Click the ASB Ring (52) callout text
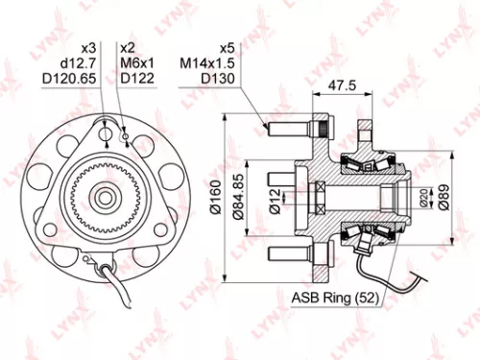pos(336,299)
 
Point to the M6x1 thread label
pos(136,62)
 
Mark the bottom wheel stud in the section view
pos(289,253)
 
